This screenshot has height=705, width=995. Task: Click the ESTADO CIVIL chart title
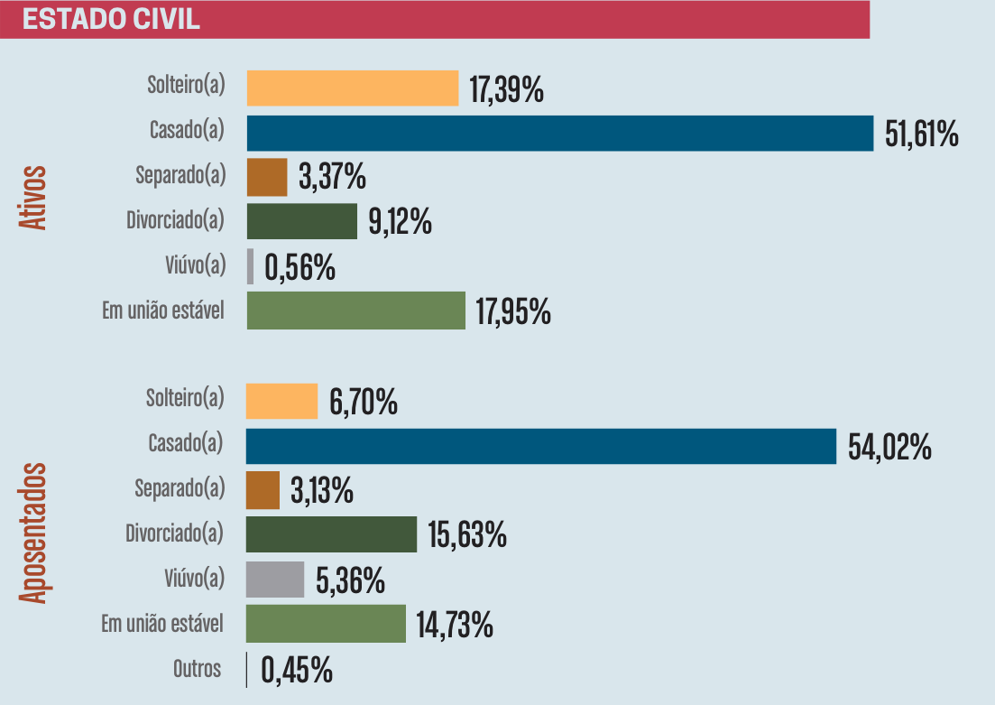(111, 20)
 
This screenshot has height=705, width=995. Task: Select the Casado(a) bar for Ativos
(559, 133)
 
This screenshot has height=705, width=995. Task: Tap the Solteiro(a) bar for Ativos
(353, 88)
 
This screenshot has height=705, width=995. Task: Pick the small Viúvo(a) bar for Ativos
(251, 266)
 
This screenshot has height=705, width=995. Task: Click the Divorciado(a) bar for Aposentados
(331, 534)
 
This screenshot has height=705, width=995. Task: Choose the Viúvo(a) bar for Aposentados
(275, 579)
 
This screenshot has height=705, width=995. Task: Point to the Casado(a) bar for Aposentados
(541, 446)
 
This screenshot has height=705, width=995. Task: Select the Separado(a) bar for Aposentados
(263, 490)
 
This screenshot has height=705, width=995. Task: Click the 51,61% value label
(921, 135)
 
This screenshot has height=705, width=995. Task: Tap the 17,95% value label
(512, 312)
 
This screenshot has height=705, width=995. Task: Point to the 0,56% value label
(299, 268)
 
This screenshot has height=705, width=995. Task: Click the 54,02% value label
(889, 447)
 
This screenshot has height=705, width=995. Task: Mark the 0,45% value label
(297, 671)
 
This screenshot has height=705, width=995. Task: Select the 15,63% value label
(466, 535)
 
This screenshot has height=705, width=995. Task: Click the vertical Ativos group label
(33, 197)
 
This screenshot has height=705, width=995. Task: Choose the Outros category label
(197, 669)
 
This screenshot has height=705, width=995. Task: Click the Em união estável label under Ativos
(162, 311)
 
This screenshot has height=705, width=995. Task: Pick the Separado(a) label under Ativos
(179, 175)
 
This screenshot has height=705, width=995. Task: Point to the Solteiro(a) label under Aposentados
(184, 398)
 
